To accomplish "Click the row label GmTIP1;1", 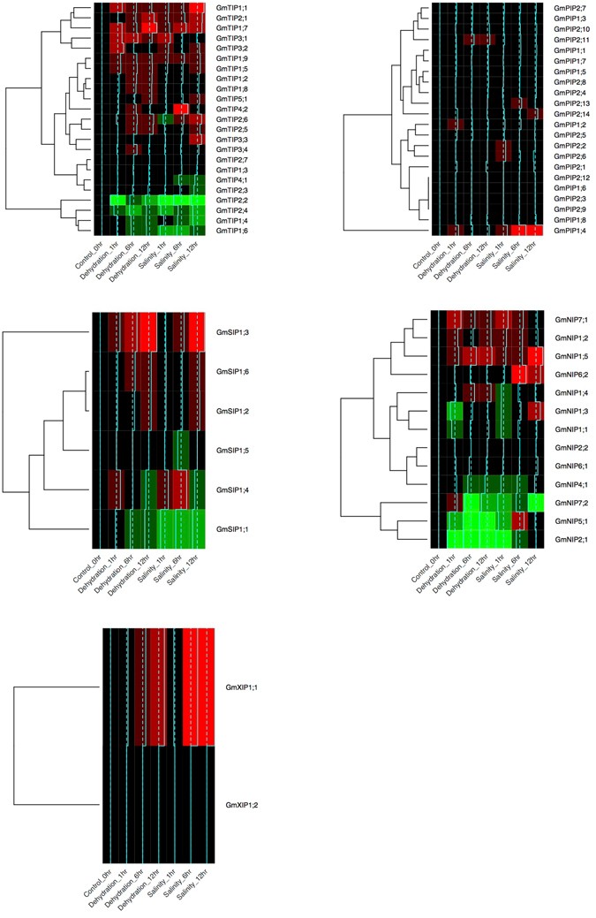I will pyautogui.click(x=230, y=7).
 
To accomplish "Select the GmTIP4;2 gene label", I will pyautogui.click(x=230, y=110).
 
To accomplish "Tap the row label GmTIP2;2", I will pyautogui.click(x=230, y=201).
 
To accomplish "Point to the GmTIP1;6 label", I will pyautogui.click(x=230, y=231).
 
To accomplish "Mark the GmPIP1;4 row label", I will pyautogui.click(x=572, y=231).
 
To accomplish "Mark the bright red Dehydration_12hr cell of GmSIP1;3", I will pyautogui.click(x=147, y=332).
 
